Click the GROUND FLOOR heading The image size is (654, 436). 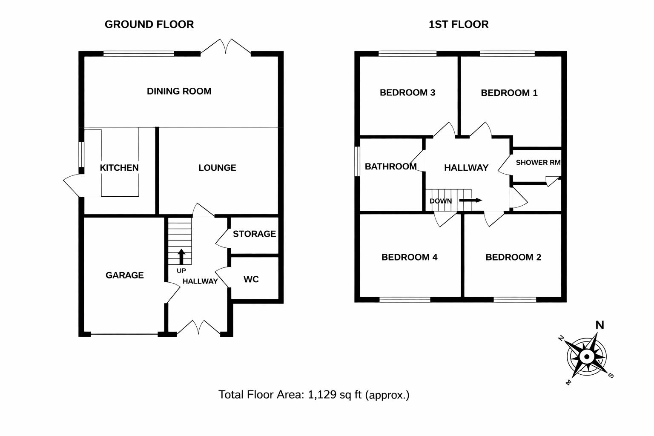click(x=149, y=25)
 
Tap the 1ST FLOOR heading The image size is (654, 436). click(x=458, y=25)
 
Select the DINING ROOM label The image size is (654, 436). click(x=179, y=91)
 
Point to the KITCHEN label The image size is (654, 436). click(x=119, y=168)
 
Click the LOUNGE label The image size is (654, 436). click(x=217, y=168)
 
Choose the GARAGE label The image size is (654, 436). click(x=124, y=275)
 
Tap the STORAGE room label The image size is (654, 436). click(x=254, y=234)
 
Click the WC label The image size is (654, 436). click(x=251, y=279)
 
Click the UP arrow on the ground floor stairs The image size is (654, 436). click(x=181, y=257)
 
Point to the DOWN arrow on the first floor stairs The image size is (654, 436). click(x=470, y=201)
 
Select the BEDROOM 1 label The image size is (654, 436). click(x=509, y=93)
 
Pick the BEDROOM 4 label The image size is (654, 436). click(x=409, y=257)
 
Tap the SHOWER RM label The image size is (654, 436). click(x=538, y=163)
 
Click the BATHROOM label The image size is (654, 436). click(x=390, y=166)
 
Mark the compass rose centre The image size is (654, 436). click(x=587, y=356)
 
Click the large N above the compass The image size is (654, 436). click(x=599, y=326)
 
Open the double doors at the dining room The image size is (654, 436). click(x=226, y=47)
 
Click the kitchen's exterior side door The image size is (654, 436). click(x=72, y=185)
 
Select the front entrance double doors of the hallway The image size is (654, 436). click(x=198, y=328)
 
